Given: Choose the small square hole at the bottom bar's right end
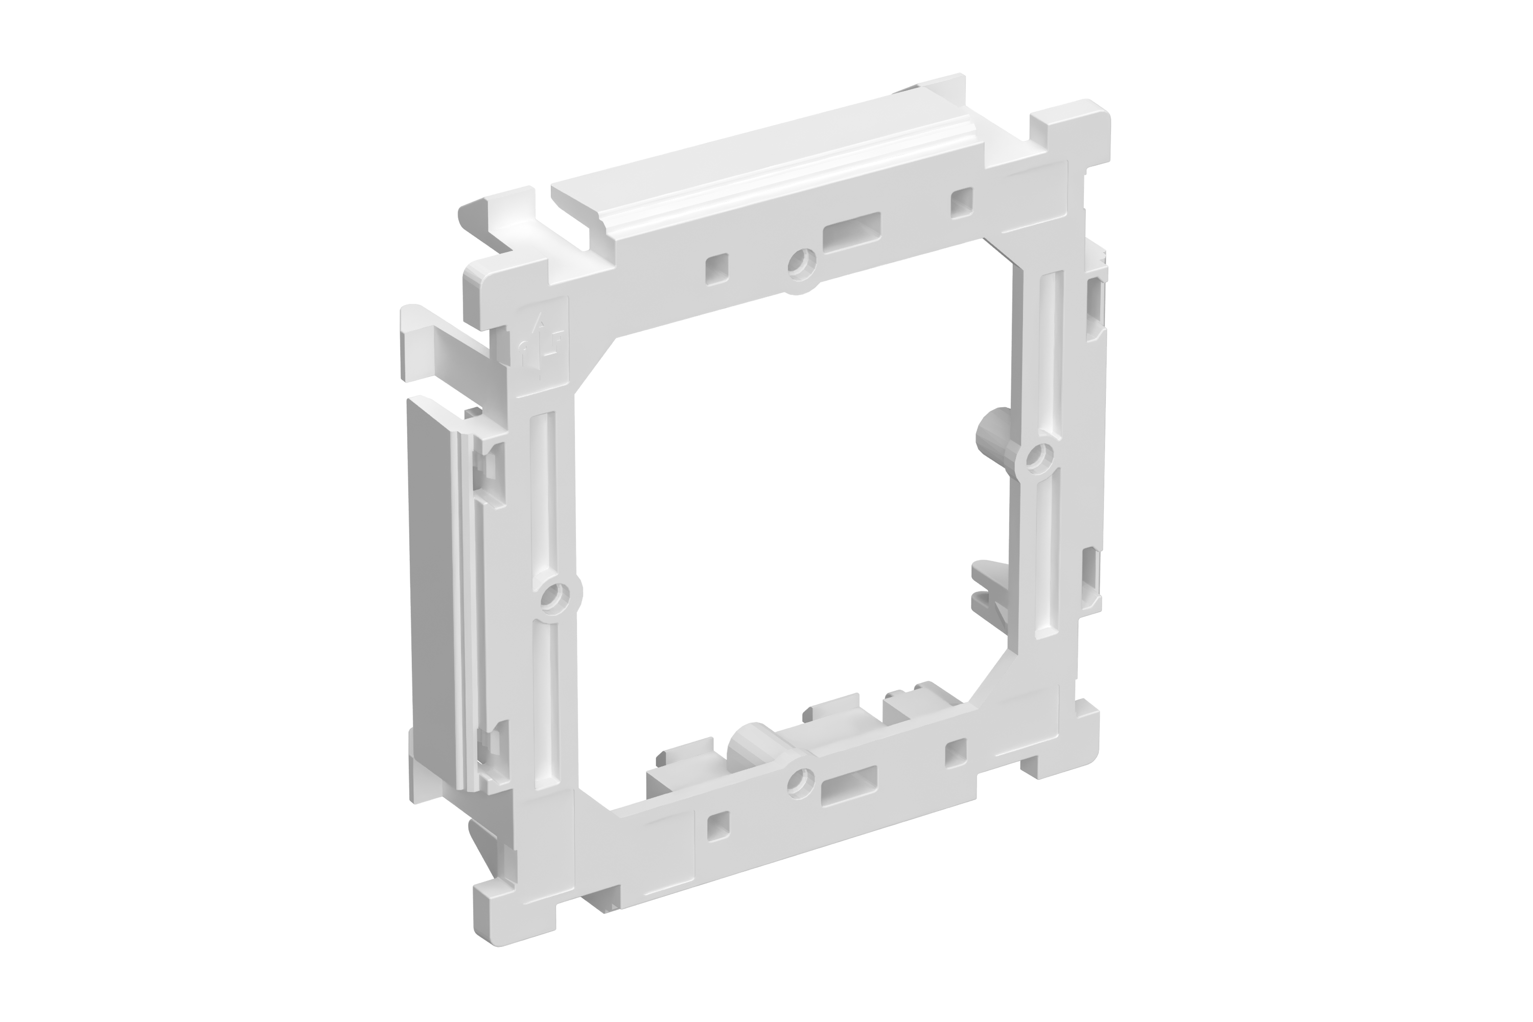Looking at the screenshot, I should point(956,752).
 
